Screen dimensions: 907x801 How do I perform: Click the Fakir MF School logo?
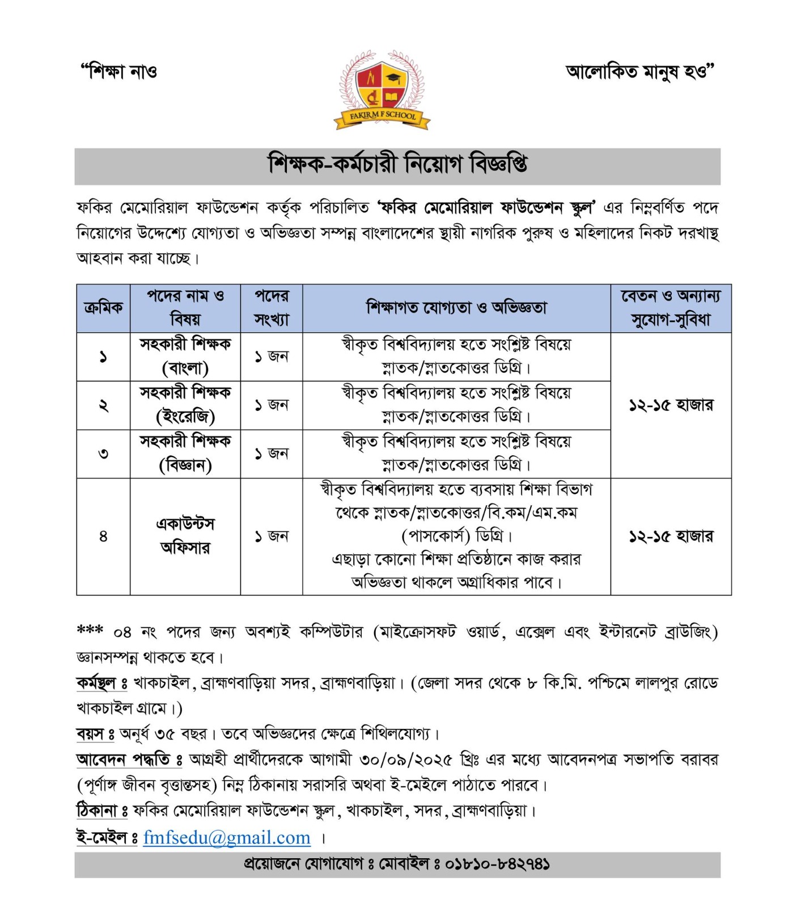coord(382,90)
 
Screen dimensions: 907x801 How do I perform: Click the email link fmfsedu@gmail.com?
coord(227,837)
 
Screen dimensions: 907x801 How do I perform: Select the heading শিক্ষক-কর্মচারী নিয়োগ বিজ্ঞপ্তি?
coord(397,165)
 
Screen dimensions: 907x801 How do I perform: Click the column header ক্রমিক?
coord(103,308)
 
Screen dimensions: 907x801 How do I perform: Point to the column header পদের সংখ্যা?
coord(272,308)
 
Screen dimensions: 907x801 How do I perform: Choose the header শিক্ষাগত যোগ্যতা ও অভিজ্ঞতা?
coord(456,308)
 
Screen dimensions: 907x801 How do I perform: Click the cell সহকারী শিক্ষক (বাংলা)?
coord(185,357)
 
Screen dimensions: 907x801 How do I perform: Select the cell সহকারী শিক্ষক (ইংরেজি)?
coord(185,405)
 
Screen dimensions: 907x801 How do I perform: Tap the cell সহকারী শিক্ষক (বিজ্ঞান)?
coord(185,453)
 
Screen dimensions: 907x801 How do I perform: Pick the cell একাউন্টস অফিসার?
coord(185,536)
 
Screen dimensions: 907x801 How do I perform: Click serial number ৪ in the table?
coord(103,536)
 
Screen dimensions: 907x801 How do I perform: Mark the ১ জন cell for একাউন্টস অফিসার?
coord(272,536)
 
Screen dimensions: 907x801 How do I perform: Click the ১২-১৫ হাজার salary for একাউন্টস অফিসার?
coord(671,536)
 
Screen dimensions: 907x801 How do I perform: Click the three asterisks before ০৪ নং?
coord(90,630)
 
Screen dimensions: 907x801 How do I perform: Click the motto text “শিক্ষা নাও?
coord(119,72)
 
